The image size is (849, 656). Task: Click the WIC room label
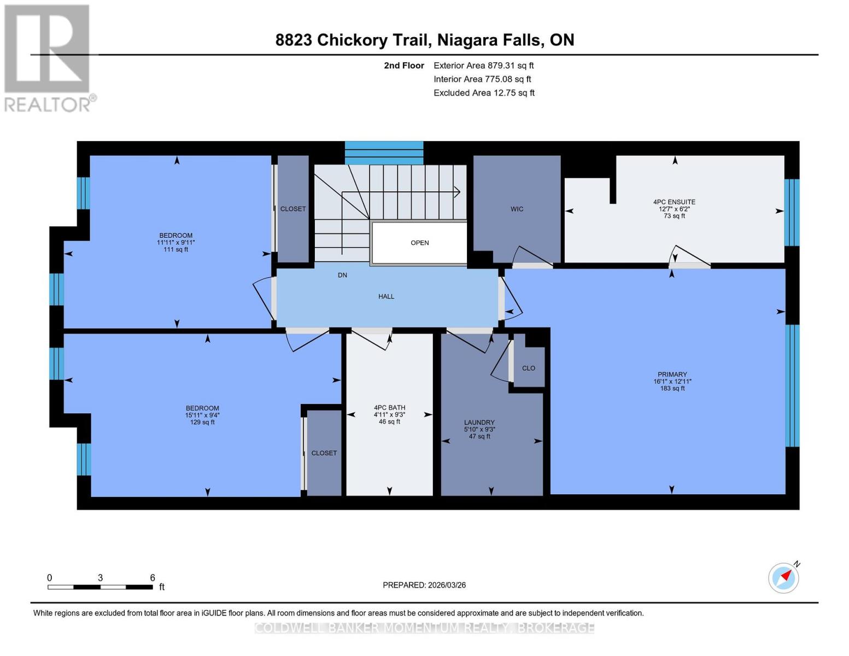[517, 209]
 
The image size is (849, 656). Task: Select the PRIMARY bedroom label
[672, 375]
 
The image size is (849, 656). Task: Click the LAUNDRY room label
[479, 423]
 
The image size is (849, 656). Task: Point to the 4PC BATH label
[389, 408]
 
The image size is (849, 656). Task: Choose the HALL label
[386, 296]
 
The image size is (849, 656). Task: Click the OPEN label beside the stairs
[419, 243]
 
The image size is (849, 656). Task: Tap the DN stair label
[342, 275]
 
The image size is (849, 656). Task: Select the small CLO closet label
[528, 368]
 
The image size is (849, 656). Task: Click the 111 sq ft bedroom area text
[175, 250]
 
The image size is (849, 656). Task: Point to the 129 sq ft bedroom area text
[202, 422]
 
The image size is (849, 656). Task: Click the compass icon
[783, 577]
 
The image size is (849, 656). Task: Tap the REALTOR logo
[48, 57]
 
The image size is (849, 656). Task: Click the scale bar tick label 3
[100, 578]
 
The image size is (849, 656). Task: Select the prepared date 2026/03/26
[424, 585]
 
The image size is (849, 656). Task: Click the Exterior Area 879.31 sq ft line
[483, 66]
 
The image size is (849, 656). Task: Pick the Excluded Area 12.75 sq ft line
[484, 93]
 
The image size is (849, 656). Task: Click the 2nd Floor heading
[403, 66]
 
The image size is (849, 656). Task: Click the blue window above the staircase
[384, 153]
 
